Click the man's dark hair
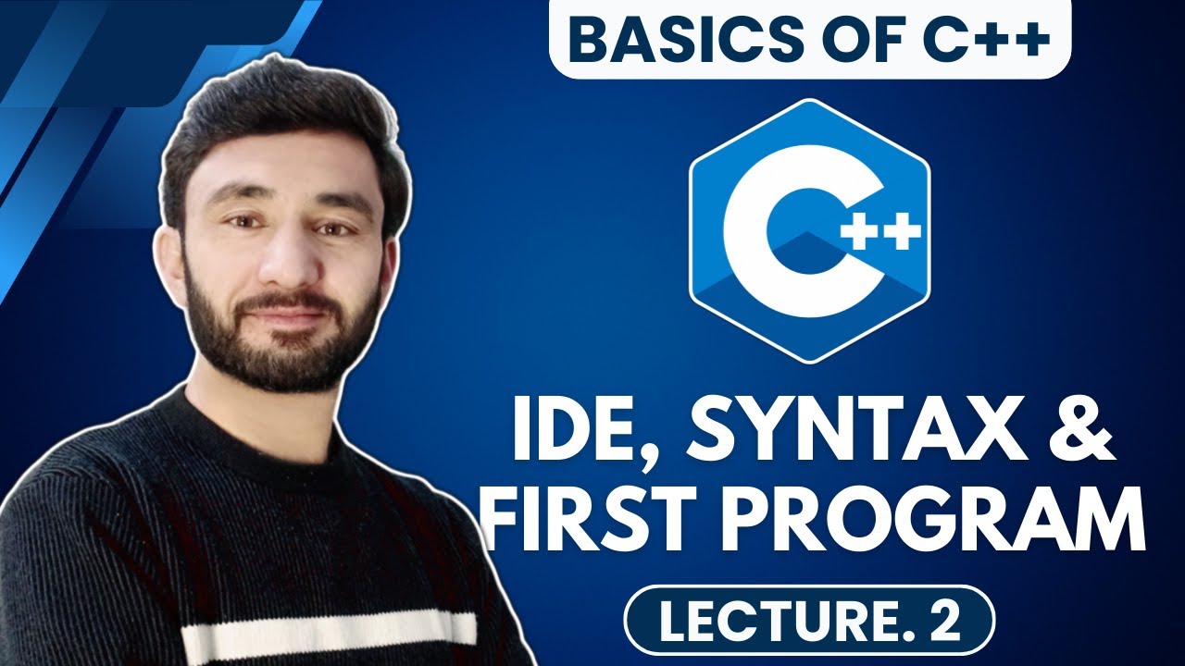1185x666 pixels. click(x=278, y=120)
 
